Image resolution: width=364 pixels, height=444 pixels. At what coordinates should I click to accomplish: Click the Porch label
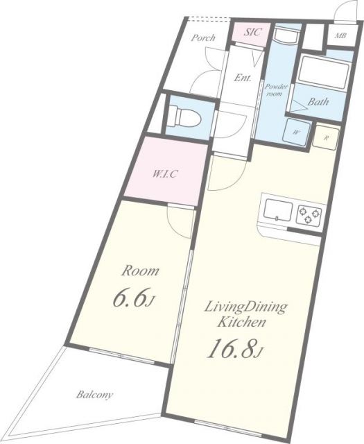(x=202, y=37)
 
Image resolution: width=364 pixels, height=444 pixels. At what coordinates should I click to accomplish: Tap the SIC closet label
(x=252, y=32)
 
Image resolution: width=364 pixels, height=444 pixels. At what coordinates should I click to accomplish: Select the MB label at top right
(x=340, y=36)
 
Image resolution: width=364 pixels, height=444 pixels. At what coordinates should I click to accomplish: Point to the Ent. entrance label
(x=243, y=78)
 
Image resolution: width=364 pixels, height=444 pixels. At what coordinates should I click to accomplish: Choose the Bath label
(x=318, y=102)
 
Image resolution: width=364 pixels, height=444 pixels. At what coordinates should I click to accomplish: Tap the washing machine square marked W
(x=296, y=133)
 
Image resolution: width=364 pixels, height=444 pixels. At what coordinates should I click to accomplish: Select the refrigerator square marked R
(x=326, y=138)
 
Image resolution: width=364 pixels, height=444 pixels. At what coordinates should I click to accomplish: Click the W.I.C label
(x=165, y=173)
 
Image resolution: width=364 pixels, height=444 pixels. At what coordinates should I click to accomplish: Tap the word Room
(x=140, y=271)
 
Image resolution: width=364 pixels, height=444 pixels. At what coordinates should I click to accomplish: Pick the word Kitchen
(x=241, y=322)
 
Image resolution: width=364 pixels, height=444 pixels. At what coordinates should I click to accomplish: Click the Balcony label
(x=94, y=395)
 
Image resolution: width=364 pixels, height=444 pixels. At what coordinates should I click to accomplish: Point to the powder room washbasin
(x=286, y=38)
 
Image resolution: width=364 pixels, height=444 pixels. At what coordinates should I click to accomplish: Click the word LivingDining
(x=245, y=307)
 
